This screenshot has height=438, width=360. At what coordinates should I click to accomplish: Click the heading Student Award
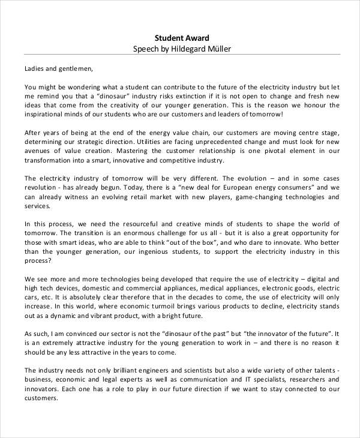pyautogui.click(x=182, y=37)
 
